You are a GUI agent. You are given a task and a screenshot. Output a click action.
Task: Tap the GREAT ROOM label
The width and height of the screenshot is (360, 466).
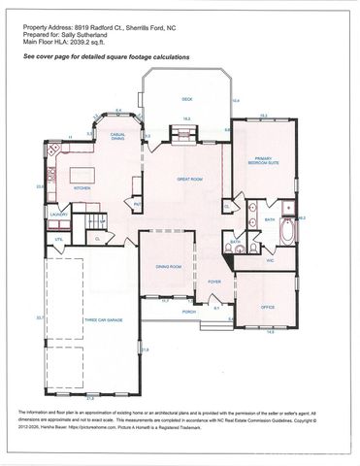tap(188, 179)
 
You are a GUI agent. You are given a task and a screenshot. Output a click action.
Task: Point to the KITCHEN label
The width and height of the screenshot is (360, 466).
tap(82, 188)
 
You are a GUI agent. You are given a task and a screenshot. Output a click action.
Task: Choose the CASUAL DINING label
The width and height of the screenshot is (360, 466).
tap(117, 138)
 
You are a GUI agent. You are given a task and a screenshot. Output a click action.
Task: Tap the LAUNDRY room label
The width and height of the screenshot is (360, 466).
tap(58, 215)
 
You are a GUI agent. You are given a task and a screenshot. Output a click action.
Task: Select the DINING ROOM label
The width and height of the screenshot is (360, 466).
tap(170, 267)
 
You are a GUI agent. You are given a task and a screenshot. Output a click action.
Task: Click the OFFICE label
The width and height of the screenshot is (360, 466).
tap(268, 306)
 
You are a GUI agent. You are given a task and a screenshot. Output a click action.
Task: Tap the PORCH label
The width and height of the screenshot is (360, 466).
tap(189, 312)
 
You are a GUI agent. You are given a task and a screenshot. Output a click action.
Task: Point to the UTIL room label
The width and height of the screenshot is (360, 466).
tap(59, 238)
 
